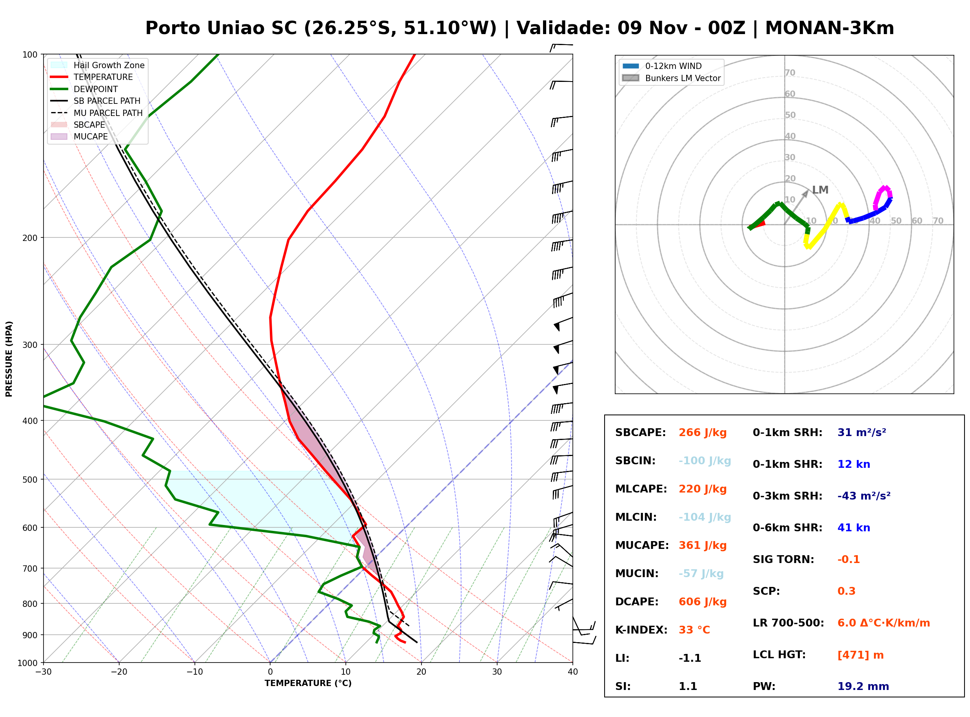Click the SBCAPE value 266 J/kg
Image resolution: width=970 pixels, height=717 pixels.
[x=703, y=433]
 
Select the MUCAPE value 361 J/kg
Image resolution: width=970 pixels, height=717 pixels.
[x=703, y=545]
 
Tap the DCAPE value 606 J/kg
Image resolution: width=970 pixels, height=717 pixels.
[x=703, y=602]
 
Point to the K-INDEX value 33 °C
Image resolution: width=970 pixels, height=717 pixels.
[x=694, y=630]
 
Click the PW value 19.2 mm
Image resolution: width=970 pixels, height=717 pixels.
[x=863, y=686]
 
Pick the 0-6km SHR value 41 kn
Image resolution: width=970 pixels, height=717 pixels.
[x=854, y=528]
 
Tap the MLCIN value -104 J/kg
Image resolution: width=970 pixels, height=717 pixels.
[x=705, y=517]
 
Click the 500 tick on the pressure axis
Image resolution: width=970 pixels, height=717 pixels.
[x=31, y=480]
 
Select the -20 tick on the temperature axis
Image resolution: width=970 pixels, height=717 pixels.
[x=119, y=672]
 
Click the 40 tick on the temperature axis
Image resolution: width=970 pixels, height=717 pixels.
[x=573, y=672]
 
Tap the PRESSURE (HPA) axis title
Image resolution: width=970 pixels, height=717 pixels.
[x=9, y=359]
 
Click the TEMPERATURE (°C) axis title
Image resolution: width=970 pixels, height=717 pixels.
[x=308, y=683]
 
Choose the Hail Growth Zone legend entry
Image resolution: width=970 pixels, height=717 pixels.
[x=98, y=65]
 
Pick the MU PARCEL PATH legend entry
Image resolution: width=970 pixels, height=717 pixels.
[x=97, y=113]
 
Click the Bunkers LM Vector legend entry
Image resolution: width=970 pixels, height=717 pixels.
[x=671, y=78]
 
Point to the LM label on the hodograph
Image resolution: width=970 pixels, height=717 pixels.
[x=820, y=190]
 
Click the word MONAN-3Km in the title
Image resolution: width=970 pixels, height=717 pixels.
[x=829, y=28]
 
